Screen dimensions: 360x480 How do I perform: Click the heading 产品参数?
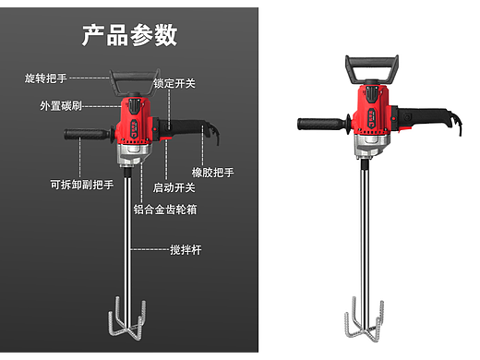pyautogui.click(x=129, y=35)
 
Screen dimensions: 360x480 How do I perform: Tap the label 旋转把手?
pyautogui.click(x=45, y=78)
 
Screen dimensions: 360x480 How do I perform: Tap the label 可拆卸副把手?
pyautogui.click(x=81, y=184)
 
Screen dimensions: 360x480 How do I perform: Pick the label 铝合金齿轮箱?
pyautogui.click(x=171, y=210)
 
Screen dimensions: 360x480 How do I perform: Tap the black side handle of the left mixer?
pyautogui.click(x=84, y=137)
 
